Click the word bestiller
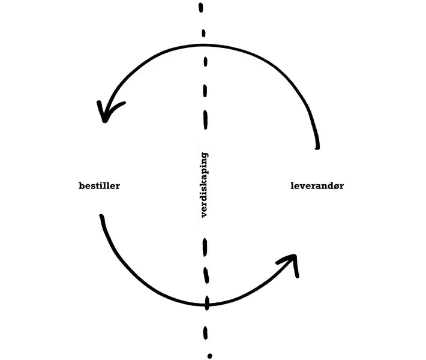pos(100,185)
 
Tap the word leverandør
pos(317,185)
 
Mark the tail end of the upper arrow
pos(317,146)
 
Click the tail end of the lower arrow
pos(102,216)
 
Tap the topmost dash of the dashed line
pos(201,9)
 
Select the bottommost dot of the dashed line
pos(210,355)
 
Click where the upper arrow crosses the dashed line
pos(205,45)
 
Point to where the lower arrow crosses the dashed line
pos(208,304)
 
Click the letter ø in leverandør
pos(335,186)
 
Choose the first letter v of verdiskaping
pos(204,214)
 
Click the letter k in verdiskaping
pos(204,183)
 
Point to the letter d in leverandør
pos(328,185)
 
